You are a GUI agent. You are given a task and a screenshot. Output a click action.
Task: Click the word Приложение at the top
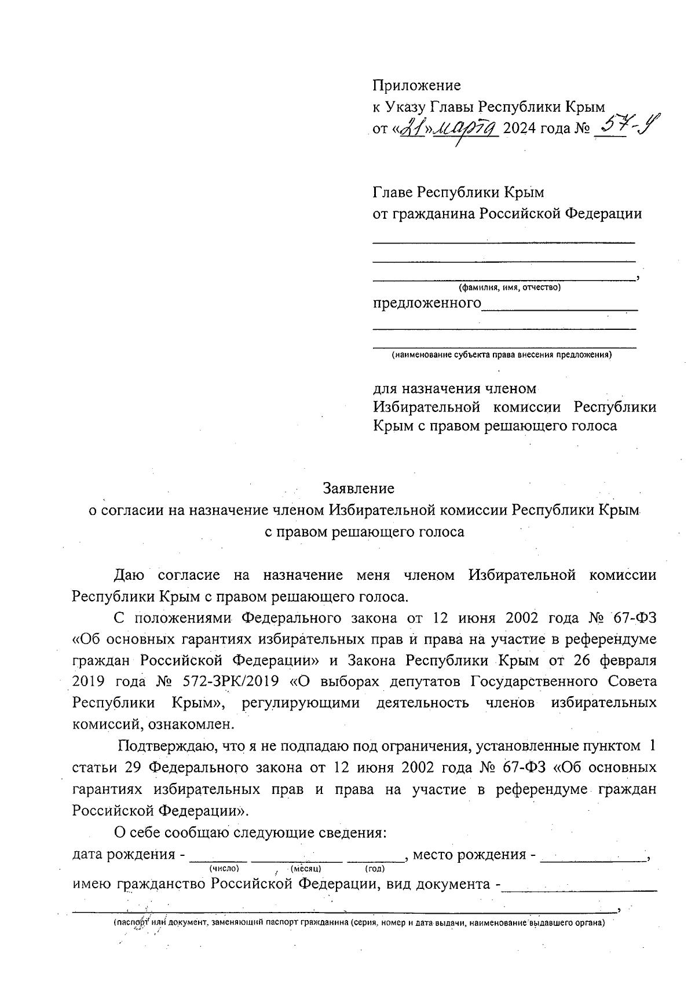click(x=416, y=86)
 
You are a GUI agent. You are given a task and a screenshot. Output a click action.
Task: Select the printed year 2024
click(x=520, y=128)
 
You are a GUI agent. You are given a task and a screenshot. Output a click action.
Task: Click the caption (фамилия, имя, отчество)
click(x=509, y=288)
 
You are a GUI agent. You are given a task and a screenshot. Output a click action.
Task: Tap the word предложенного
click(x=427, y=303)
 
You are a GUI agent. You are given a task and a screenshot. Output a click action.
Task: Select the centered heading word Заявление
click(x=359, y=488)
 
